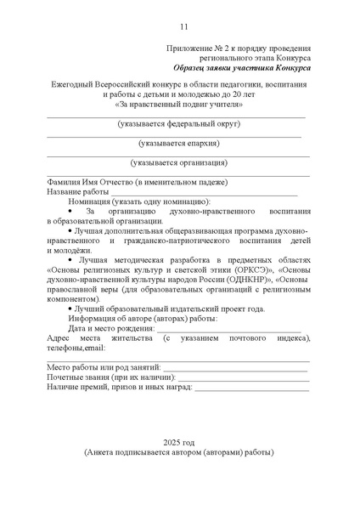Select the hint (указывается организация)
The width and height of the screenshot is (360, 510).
tap(179, 162)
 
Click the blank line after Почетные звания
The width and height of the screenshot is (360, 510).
tap(238, 378)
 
